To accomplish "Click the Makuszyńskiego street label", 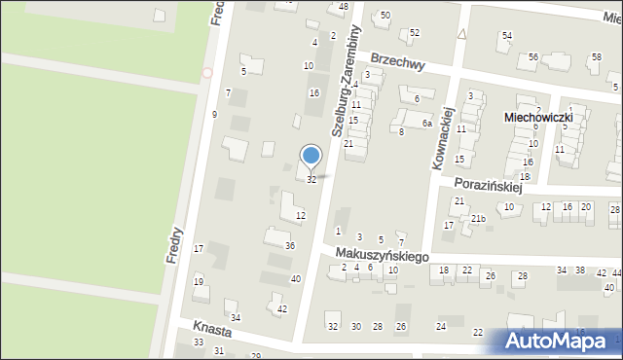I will [x=383, y=254].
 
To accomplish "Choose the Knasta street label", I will [x=211, y=327].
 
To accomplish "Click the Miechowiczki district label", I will [x=536, y=117].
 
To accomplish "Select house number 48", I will [x=343, y=7].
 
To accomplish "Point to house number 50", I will [x=385, y=15].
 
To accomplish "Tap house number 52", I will [x=415, y=32].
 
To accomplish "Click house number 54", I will [x=506, y=36].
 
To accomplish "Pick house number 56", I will [x=532, y=57].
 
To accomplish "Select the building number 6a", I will [x=426, y=124].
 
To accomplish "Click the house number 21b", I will [x=477, y=218].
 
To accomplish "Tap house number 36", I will [x=289, y=245].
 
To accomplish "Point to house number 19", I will [x=199, y=281].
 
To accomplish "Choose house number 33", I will [x=199, y=342].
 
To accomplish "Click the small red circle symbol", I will [x=206, y=72].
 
